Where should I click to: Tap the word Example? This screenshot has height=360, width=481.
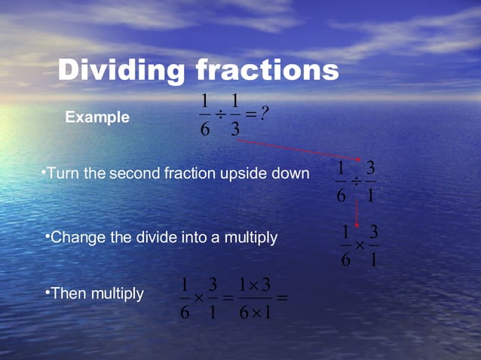[x=97, y=117]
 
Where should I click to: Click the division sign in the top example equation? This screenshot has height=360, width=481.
[x=219, y=114]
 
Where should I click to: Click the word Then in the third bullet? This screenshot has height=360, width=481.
[x=69, y=293]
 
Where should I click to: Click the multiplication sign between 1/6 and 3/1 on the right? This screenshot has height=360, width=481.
[x=360, y=246]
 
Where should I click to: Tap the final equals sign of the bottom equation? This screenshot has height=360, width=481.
[x=283, y=297]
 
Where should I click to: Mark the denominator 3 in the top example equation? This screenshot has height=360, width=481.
[x=235, y=130]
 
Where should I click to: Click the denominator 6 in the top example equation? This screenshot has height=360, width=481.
[x=204, y=130]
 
